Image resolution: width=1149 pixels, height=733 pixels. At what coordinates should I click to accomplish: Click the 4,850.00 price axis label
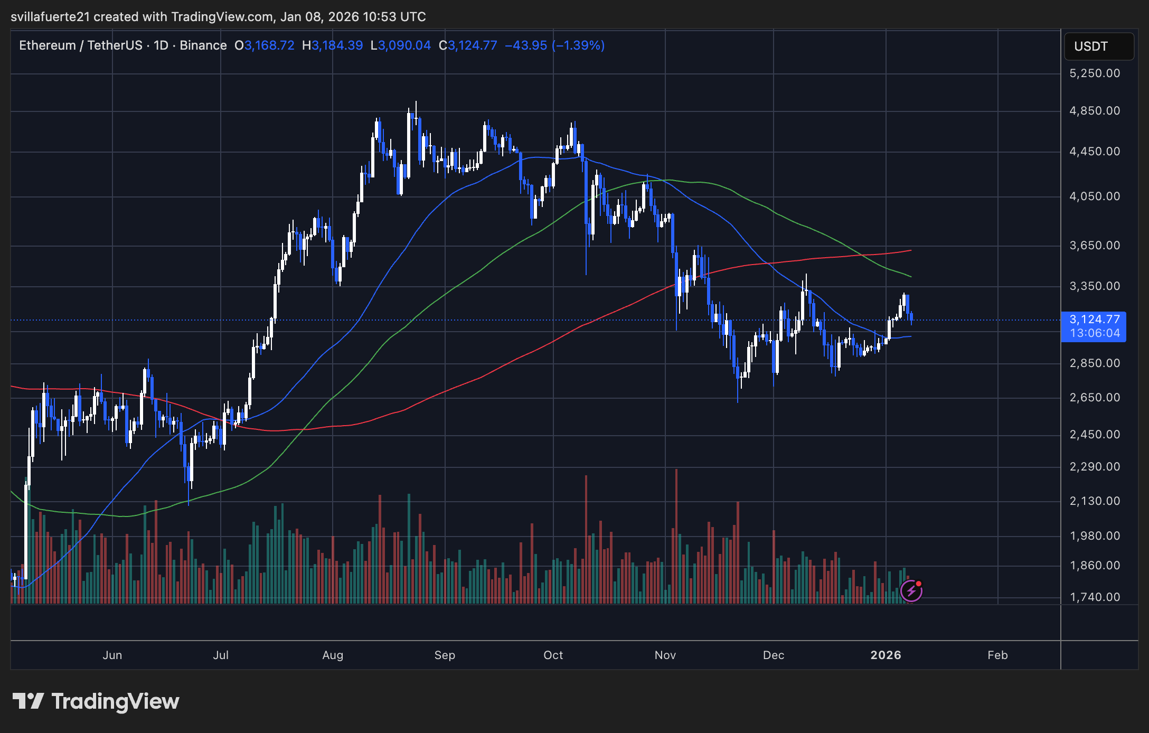click(x=1094, y=111)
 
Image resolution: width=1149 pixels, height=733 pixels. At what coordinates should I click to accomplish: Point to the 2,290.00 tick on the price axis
click(x=1094, y=467)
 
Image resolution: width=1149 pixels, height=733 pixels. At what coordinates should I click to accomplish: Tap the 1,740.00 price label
click(x=1094, y=597)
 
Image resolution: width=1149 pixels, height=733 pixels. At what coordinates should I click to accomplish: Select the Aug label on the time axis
click(x=333, y=655)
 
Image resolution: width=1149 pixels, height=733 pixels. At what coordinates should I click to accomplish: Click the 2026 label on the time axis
click(x=886, y=655)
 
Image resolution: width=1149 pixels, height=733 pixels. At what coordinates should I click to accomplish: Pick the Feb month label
click(x=997, y=655)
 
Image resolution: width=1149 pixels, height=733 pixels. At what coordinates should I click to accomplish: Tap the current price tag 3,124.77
click(x=1094, y=319)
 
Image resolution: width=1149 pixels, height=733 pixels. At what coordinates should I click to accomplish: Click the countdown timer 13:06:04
click(x=1094, y=333)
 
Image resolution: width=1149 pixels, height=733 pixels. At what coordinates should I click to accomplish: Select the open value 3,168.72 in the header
click(x=269, y=45)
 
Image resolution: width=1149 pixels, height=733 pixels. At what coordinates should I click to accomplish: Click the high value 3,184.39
click(x=337, y=45)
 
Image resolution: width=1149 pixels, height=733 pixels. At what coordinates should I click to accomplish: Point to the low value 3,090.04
click(x=404, y=45)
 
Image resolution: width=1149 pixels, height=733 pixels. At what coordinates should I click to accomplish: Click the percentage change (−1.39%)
click(x=578, y=45)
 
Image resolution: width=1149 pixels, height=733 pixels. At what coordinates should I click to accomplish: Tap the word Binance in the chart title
click(x=203, y=45)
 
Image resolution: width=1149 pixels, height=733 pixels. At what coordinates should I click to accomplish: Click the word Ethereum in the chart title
click(x=48, y=45)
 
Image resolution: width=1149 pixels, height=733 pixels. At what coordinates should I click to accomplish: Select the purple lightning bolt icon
click(x=911, y=591)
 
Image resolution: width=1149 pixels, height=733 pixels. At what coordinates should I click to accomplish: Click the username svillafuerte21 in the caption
click(x=50, y=17)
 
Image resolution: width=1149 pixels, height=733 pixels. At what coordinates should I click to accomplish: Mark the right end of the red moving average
click(x=911, y=250)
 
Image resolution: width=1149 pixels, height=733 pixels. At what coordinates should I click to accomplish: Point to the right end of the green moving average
click(x=911, y=277)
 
